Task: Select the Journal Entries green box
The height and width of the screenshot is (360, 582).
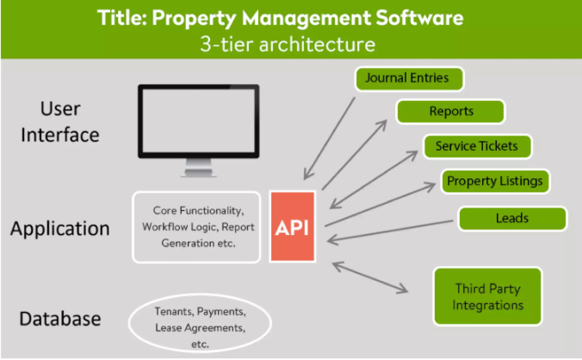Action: [409, 79]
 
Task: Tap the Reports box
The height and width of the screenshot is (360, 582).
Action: [451, 111]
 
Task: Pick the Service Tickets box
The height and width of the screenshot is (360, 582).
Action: [477, 146]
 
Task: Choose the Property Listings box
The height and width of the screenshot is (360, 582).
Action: [495, 181]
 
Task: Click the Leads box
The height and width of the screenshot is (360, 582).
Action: [512, 218]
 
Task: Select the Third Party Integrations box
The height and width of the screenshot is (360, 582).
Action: [488, 296]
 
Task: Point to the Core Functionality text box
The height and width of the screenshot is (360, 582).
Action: [197, 227]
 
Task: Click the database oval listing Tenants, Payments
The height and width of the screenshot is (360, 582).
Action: [200, 323]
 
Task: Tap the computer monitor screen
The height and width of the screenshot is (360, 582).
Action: [198, 121]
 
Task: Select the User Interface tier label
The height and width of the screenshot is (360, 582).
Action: [60, 122]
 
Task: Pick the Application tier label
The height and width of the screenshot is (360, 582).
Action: [60, 229]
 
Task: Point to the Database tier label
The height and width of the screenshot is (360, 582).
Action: [60, 319]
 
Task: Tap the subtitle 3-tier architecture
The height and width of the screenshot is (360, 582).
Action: [288, 44]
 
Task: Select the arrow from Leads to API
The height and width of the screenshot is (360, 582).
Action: [389, 231]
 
